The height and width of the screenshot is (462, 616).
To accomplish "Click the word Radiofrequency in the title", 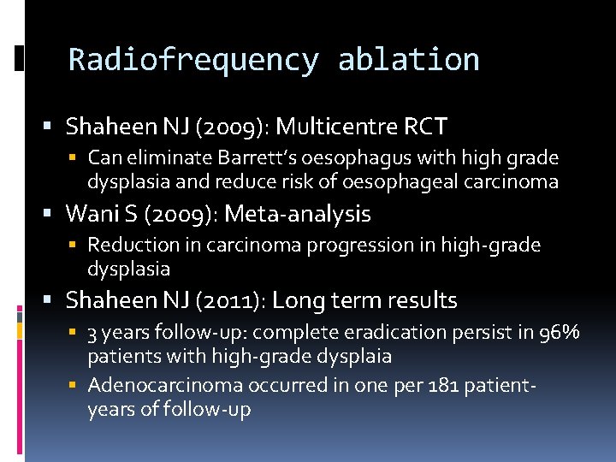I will [x=193, y=60].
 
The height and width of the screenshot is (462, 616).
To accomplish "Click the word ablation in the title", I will [x=408, y=60].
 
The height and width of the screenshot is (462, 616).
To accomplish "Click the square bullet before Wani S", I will [x=52, y=213].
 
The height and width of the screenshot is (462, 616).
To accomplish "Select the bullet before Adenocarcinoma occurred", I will [x=74, y=387].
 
